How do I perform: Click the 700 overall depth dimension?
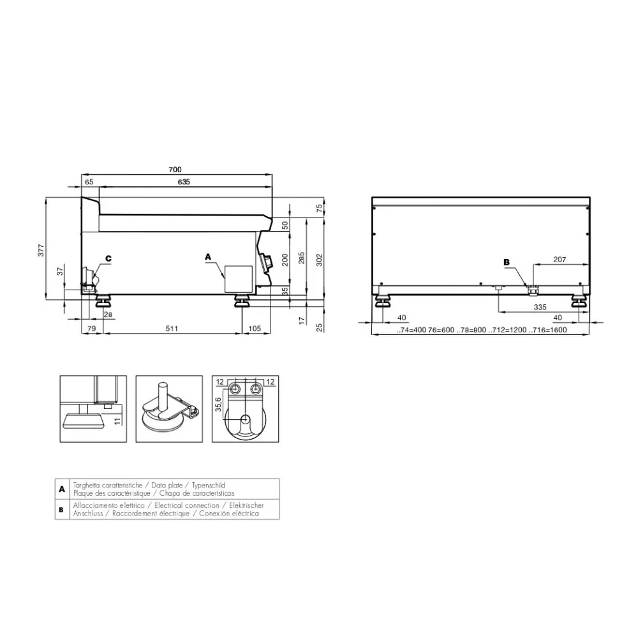pos(175,169)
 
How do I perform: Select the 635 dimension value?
pos(184,182)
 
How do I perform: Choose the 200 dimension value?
pos(285,259)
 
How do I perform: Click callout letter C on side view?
pos(108,258)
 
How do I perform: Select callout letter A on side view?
pos(207,256)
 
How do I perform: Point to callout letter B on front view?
pos(507,262)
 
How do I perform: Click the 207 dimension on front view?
pos(559,260)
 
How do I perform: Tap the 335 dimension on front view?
pos(540,307)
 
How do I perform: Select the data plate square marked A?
pos(236,279)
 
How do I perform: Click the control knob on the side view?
pos(267,261)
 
